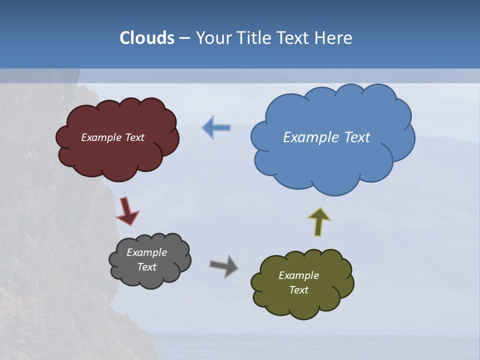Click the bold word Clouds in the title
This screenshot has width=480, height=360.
point(147,38)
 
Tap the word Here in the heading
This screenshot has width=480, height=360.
point(335,38)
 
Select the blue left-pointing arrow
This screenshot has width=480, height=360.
point(216,128)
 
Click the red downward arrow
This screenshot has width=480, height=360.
point(127,210)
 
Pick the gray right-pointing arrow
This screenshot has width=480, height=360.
point(223,265)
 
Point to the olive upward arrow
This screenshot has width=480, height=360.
point(319,222)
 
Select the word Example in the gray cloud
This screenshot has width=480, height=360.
point(147,252)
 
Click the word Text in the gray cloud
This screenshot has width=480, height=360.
point(147,267)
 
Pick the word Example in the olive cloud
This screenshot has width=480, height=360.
point(299,275)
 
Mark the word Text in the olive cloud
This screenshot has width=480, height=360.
point(299,290)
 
